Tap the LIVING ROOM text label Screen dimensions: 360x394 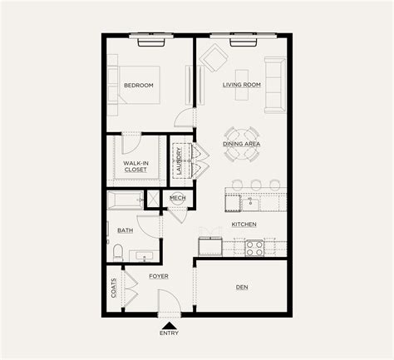pyautogui.click(x=242, y=85)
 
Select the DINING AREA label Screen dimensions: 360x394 pyautogui.click(x=242, y=144)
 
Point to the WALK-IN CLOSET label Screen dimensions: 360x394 pyautogui.click(x=135, y=166)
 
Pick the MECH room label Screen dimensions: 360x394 pyautogui.click(x=177, y=198)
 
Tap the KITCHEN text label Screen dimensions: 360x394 pyautogui.click(x=244, y=224)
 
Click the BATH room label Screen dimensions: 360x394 pyautogui.click(x=125, y=230)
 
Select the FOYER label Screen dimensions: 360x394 pyautogui.click(x=159, y=274)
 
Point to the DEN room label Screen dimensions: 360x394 pyautogui.click(x=242, y=288)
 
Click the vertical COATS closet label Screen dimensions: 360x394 pyautogui.click(x=113, y=287)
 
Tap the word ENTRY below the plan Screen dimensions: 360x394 pyautogui.click(x=169, y=333)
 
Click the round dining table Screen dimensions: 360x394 pyautogui.click(x=241, y=137)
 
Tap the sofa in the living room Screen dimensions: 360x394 pyautogui.click(x=275, y=85)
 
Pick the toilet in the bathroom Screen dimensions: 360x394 pyautogui.click(x=117, y=252)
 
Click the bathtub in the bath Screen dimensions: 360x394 pyautogui.click(x=124, y=200)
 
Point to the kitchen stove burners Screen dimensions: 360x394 pyautogui.click(x=253, y=246)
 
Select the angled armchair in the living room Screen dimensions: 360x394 pyautogui.click(x=215, y=58)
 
